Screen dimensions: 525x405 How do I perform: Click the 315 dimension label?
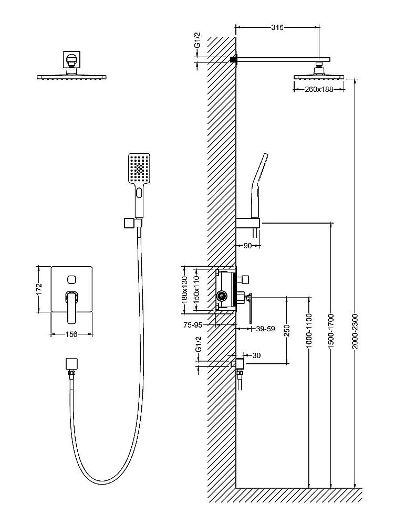[277, 28]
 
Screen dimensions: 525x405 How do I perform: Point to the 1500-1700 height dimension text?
[331, 329]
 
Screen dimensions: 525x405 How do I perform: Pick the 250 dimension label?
[287, 330]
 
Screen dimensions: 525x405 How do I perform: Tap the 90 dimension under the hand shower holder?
[248, 246]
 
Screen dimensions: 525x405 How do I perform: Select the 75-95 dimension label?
[193, 325]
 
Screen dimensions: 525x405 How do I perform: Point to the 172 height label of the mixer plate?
[37, 289]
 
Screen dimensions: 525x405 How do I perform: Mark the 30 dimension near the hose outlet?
[256, 355]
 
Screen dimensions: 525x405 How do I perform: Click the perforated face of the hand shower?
[139, 168]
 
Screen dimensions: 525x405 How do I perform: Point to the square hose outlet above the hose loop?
[70, 364]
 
